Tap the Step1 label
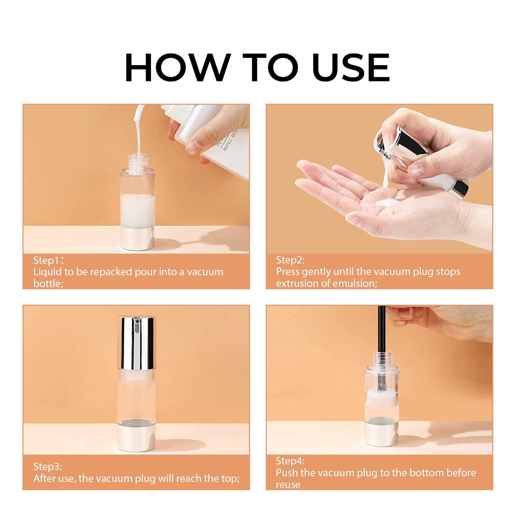[x=46, y=260]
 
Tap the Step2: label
[x=290, y=260]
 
